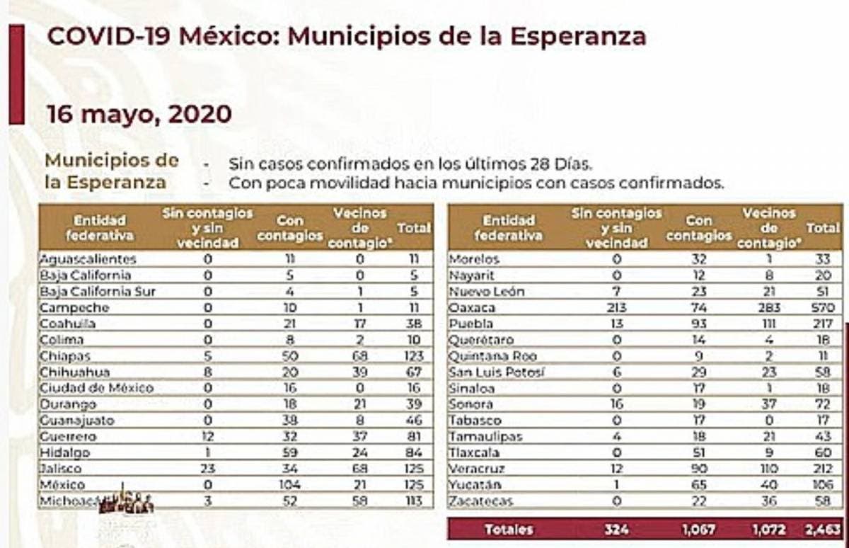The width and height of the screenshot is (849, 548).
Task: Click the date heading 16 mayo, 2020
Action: pyautogui.click(x=139, y=114)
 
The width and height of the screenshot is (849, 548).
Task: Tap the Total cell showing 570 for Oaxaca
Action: pyautogui.click(x=824, y=308)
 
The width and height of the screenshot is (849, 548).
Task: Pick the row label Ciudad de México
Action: pyautogui.click(x=96, y=388)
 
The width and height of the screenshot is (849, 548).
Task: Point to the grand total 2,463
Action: pyautogui.click(x=822, y=530)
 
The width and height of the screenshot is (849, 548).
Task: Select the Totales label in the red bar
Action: pyautogui.click(x=509, y=530)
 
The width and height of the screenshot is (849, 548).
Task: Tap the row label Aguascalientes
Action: pyautogui.click(x=88, y=260)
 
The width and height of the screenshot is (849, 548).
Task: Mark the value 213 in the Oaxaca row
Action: pyautogui.click(x=617, y=308)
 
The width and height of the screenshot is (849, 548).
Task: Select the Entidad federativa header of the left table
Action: pyautogui.click(x=100, y=228)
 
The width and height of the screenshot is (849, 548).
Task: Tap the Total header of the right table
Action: pyautogui.click(x=823, y=228)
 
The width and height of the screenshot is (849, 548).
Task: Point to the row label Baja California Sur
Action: pyautogui.click(x=98, y=292)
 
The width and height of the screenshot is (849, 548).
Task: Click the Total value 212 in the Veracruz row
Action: pyautogui.click(x=824, y=469)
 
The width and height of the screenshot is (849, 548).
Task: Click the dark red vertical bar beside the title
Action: pyautogui.click(x=16, y=74)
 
